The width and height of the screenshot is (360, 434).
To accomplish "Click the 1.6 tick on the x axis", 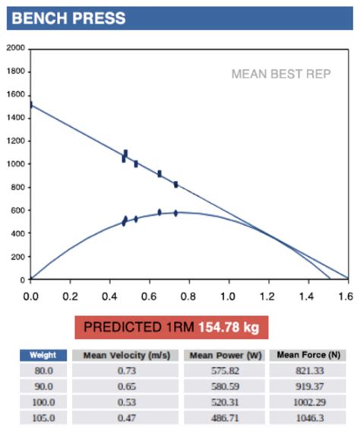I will [x=348, y=291].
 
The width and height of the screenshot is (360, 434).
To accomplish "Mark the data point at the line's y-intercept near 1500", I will [x=30, y=104].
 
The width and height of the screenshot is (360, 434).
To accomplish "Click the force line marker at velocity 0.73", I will [x=175, y=184].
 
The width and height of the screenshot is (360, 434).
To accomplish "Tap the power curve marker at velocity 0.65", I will [x=159, y=213].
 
